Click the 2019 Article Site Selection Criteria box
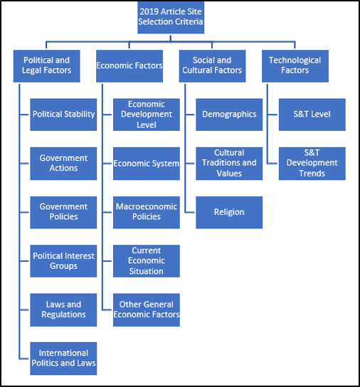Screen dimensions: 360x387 171,17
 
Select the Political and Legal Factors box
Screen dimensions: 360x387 47,66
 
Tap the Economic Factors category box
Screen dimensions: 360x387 129,66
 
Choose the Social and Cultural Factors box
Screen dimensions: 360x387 212,66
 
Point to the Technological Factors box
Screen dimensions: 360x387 295,66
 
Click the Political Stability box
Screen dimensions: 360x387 63,115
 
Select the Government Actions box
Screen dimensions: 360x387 63,164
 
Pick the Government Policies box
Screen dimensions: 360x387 63,212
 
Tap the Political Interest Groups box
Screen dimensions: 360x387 63,261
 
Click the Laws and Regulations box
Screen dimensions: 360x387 63,309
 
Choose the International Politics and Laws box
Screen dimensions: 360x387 63,359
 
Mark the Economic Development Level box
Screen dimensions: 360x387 147,115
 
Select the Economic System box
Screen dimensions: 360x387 147,164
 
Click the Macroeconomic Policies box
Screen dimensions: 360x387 147,212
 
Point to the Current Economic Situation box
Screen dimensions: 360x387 147,261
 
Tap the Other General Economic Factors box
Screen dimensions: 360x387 147,309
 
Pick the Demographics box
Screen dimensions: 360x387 229,115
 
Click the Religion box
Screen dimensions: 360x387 229,212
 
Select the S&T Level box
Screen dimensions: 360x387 312,115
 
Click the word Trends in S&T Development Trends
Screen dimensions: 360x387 312,174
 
